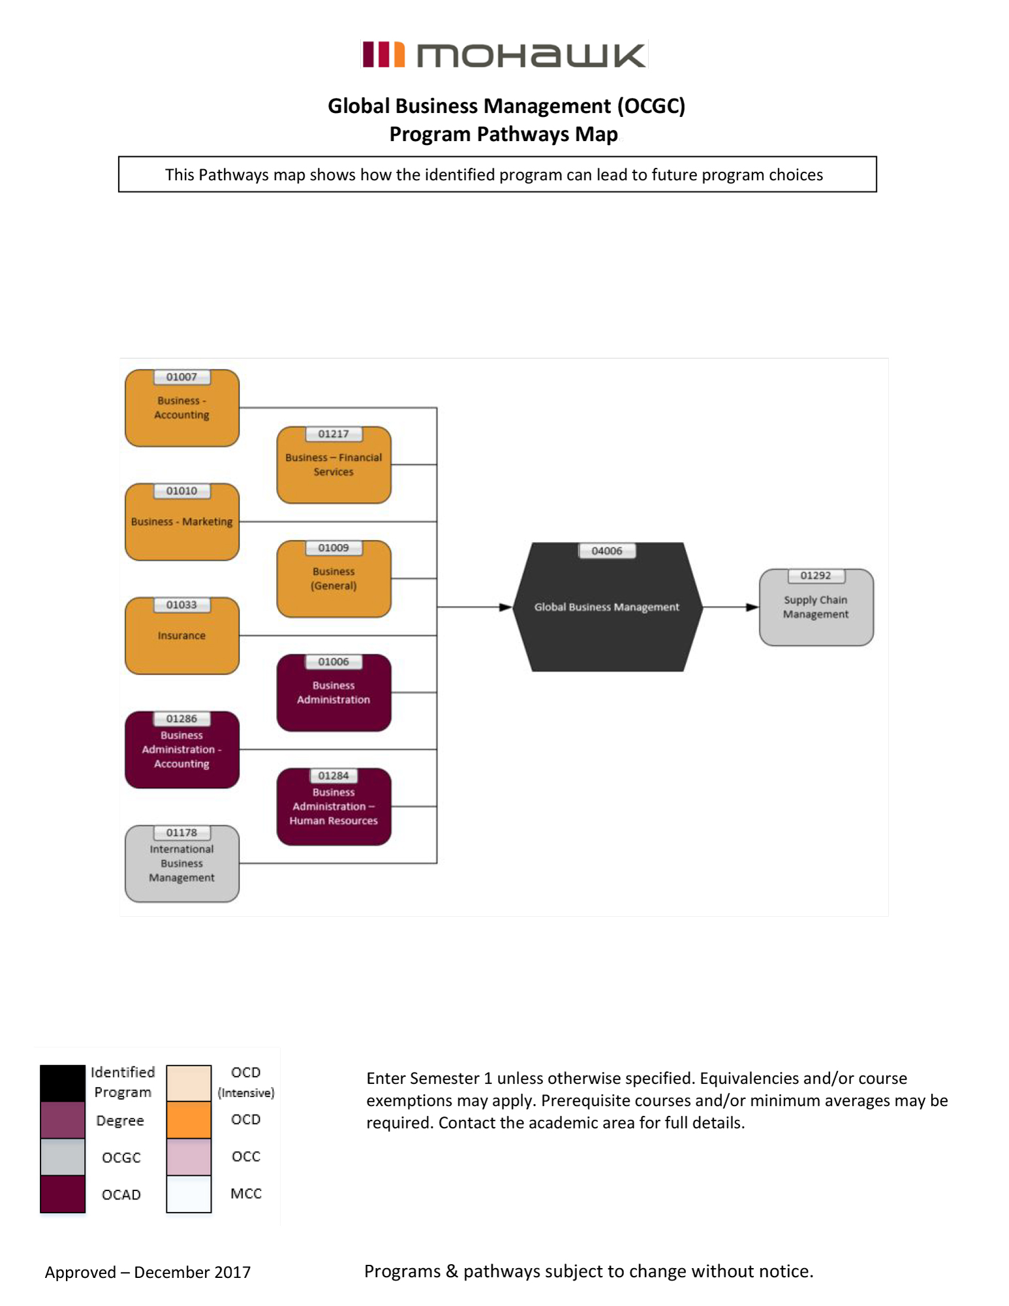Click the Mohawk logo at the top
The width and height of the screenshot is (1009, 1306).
(504, 55)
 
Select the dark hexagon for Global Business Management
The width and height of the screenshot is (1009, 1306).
(607, 607)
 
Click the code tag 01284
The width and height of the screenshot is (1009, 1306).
(334, 776)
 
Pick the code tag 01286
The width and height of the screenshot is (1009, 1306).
(181, 719)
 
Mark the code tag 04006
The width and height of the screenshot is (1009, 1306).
(607, 551)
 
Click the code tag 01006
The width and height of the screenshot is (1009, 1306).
(334, 662)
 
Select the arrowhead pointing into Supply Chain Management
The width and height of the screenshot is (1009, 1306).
(753, 607)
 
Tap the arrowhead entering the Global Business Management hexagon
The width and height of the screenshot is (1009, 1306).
(506, 607)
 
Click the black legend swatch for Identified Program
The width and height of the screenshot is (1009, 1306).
(63, 1083)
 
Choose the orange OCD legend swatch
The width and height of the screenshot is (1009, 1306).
(189, 1120)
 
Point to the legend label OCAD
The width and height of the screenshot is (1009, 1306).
(121, 1194)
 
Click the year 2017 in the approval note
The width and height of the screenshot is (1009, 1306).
(232, 1272)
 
